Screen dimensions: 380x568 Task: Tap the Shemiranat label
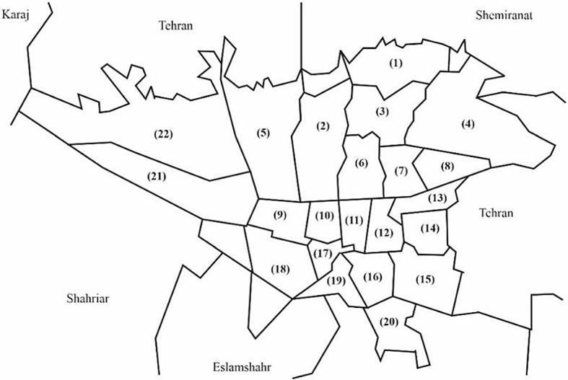[504, 14]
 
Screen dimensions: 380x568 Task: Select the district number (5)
[263, 132]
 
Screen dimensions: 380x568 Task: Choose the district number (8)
[447, 167]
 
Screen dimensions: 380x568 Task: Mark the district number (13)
[438, 198]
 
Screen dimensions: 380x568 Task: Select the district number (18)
[280, 270]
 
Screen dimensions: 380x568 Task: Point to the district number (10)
[324, 215]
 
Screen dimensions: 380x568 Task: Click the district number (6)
[362, 163]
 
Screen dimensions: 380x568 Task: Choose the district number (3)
[382, 112]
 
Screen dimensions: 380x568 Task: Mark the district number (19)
[337, 280]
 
